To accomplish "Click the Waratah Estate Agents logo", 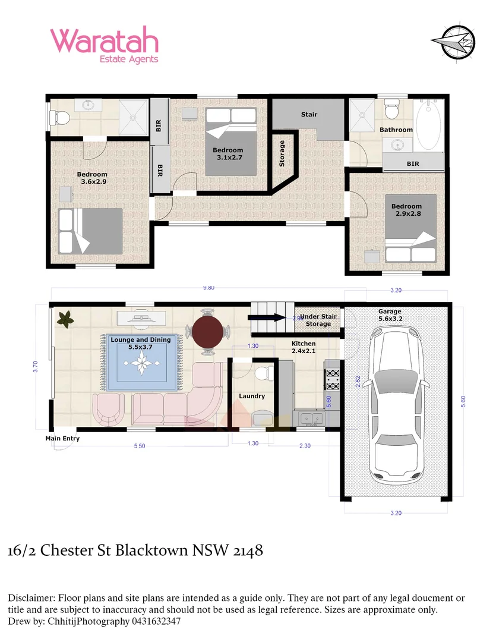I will [104, 45].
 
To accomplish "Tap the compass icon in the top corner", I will [453, 42].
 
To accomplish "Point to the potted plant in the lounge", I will [65, 320].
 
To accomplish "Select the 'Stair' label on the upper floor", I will [309, 114].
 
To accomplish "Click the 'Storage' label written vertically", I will [282, 153].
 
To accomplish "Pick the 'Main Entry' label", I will [62, 439].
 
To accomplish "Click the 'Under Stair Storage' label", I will [318, 320].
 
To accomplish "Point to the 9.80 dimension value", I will [208, 288].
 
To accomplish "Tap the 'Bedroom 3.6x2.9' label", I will [92, 178].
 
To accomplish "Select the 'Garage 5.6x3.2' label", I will [390, 314].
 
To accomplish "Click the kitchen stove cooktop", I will [331, 380].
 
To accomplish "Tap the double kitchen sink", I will [311, 418].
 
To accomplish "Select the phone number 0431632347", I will [155, 621].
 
